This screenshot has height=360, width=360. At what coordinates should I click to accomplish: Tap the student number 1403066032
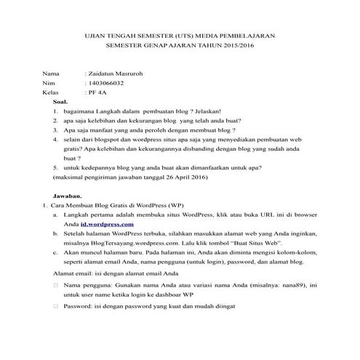pos(109,84)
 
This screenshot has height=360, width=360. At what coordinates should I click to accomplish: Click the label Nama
pos(50,75)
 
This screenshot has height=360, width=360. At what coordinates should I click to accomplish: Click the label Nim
pos(49,84)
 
